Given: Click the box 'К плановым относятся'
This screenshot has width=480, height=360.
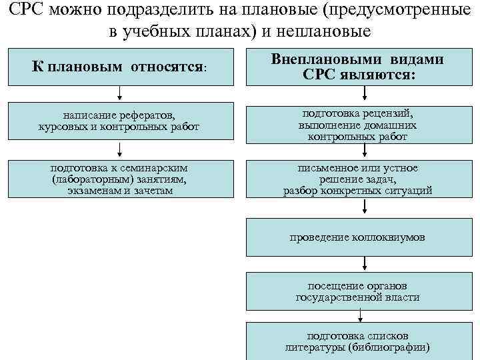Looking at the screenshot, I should coord(121,67).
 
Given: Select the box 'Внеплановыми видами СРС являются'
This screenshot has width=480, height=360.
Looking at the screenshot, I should coord(358,67).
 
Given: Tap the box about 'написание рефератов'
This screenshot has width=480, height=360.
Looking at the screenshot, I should coord(121,120).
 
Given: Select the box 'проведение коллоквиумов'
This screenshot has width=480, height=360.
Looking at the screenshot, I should coord(358,237).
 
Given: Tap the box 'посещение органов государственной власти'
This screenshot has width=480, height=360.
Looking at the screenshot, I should coord(358,291).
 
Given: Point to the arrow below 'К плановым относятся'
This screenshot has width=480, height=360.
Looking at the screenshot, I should coord(119,93).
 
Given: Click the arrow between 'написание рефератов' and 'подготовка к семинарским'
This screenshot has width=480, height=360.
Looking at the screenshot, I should coord(119,148).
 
